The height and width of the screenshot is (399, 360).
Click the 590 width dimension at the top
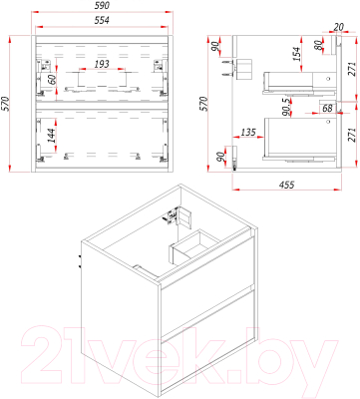pyautogui.click(x=103, y=6)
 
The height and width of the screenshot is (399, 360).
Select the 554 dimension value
pyautogui.click(x=102, y=20)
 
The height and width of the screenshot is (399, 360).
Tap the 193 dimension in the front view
pyautogui.click(x=102, y=64)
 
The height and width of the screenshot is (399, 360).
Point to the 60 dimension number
pyautogui.click(x=51, y=80)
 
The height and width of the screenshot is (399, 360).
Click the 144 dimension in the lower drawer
pyautogui.click(x=51, y=135)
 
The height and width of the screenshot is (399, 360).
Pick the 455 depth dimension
pyautogui.click(x=286, y=184)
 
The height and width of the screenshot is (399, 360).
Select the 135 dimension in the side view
pyautogui.click(x=248, y=132)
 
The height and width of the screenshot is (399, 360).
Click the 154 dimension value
pyautogui.click(x=296, y=54)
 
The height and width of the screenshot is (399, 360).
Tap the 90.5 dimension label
pyautogui.click(x=286, y=107)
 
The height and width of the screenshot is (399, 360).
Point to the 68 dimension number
pyautogui.click(x=327, y=108)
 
